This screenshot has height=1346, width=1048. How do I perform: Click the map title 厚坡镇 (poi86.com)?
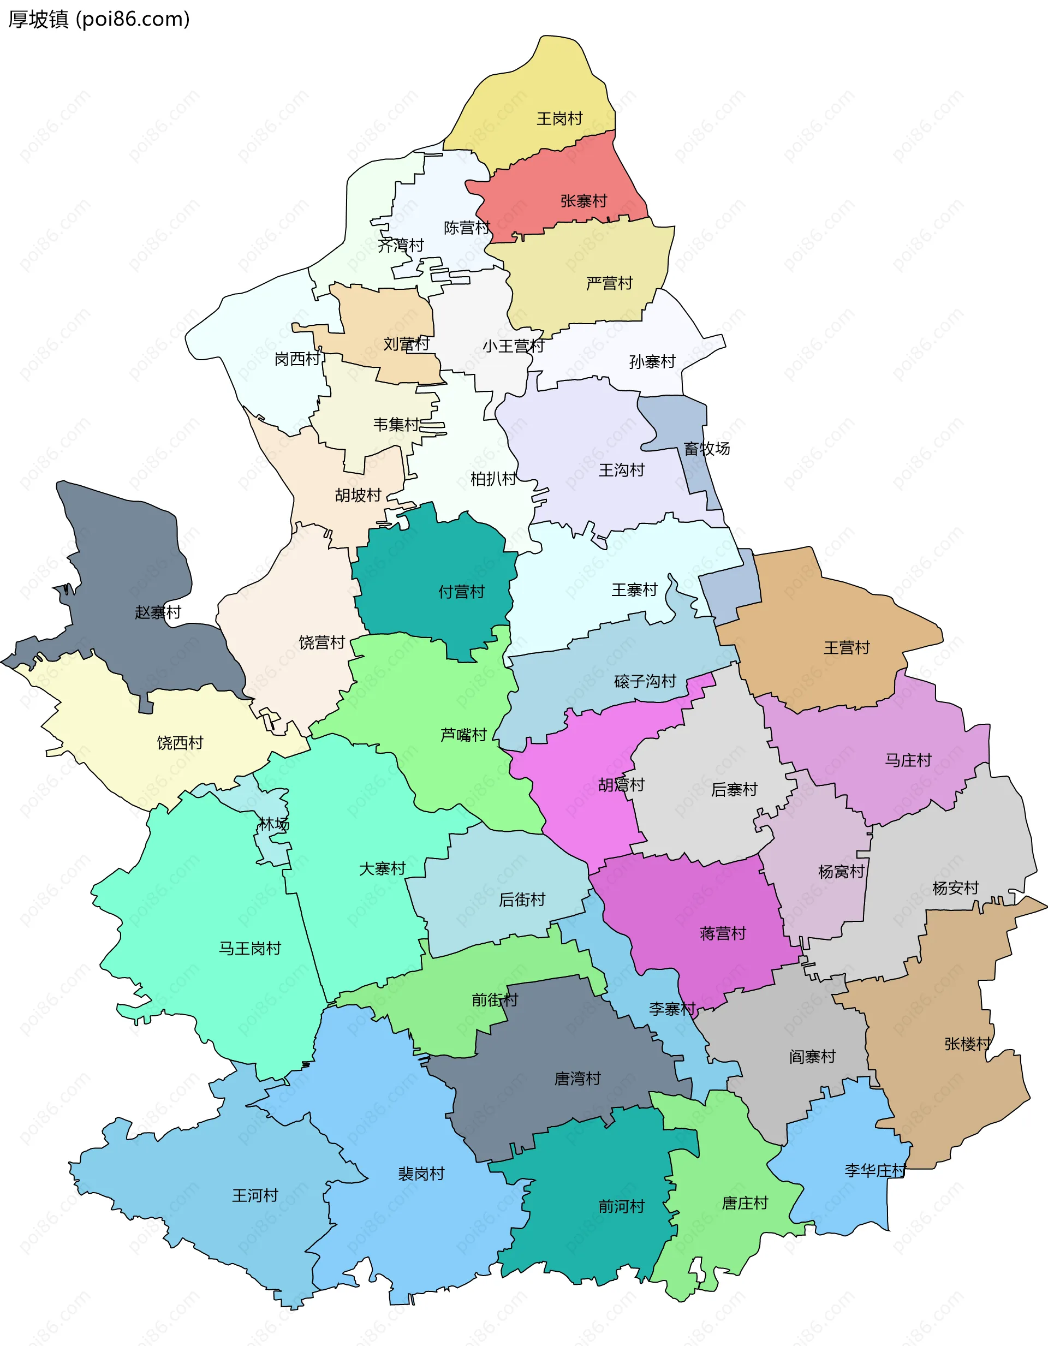click(99, 20)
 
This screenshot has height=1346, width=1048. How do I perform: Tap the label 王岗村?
click(559, 118)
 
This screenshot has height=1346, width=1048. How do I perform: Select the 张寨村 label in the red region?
click(583, 201)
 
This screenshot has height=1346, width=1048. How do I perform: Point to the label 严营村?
click(609, 283)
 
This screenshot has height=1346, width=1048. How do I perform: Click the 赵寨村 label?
click(158, 612)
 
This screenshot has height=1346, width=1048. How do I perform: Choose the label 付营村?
click(461, 592)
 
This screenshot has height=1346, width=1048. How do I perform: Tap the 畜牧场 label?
click(706, 449)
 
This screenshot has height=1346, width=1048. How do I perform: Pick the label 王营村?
click(847, 648)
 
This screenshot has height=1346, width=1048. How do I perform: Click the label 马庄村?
click(908, 760)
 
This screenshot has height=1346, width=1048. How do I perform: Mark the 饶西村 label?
click(180, 743)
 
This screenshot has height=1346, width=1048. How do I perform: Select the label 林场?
click(273, 824)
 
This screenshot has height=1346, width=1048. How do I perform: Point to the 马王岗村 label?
click(249, 948)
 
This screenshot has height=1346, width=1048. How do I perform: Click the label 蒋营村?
click(723, 933)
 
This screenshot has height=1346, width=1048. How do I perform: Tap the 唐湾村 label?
click(577, 1079)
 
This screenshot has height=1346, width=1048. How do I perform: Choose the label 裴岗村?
click(421, 1174)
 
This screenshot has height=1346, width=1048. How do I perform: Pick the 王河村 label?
click(254, 1195)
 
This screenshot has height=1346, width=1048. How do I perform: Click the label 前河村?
click(621, 1206)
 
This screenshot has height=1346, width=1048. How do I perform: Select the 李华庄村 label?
click(875, 1170)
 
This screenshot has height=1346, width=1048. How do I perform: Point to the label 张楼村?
click(967, 1044)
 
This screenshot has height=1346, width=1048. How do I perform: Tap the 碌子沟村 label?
click(645, 681)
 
